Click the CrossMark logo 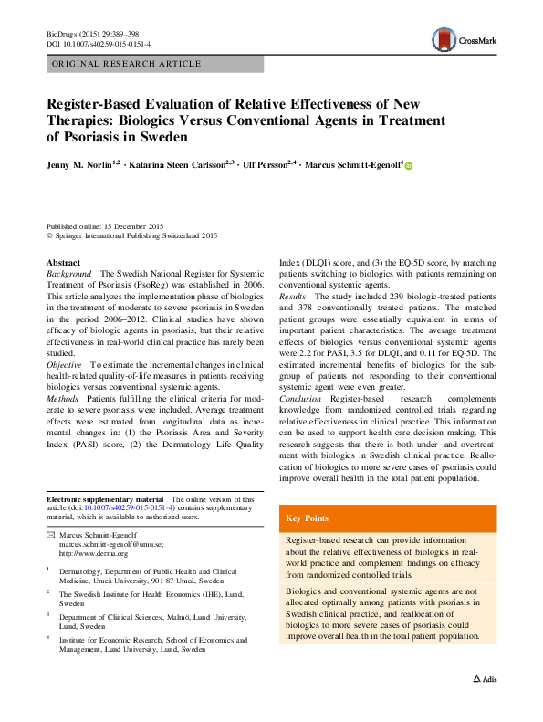[465, 39]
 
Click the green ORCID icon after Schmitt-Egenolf [408, 166]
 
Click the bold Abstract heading [63, 262]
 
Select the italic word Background [68, 274]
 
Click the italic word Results [292, 298]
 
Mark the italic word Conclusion [299, 399]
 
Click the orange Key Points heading [306, 518]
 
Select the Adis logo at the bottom [484, 680]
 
